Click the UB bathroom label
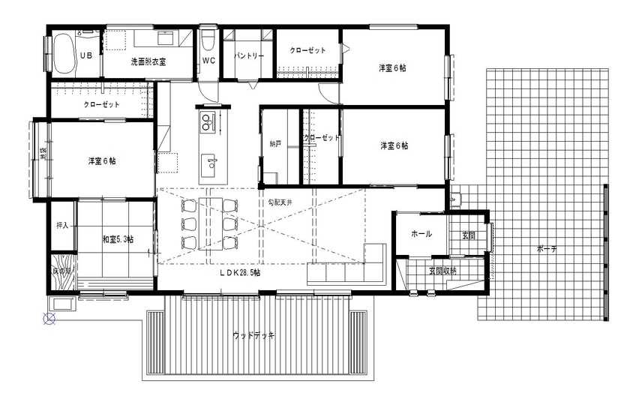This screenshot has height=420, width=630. click(x=86, y=56)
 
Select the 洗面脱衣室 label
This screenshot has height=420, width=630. click(x=148, y=61)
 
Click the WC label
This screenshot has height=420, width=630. click(x=209, y=61)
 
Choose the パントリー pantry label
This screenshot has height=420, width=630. click(x=248, y=56)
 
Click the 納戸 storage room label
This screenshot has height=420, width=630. click(x=275, y=143)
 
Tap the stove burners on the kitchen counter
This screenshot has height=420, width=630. click(x=208, y=121)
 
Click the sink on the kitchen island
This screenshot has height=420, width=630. click(x=210, y=160)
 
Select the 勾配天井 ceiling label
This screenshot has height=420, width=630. click(x=281, y=202)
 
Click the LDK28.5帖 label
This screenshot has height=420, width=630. click(x=240, y=274)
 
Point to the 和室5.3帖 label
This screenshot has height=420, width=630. click(x=118, y=240)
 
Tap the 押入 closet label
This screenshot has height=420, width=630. click(x=63, y=225)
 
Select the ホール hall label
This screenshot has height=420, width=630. click(x=421, y=234)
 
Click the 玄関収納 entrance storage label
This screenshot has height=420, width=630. click(x=442, y=270)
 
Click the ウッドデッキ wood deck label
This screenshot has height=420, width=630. click(x=253, y=335)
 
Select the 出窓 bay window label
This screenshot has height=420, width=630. click(x=43, y=154)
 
